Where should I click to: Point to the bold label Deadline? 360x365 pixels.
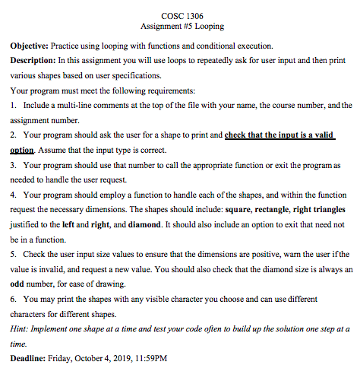point(29,357)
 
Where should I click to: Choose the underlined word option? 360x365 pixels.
point(24,150)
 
